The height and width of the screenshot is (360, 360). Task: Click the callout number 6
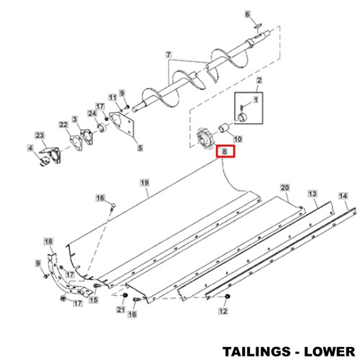(248, 14)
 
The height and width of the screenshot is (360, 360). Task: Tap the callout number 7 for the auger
(168, 55)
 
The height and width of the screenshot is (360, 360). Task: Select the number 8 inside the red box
(225, 151)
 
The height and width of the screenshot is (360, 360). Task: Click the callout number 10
(238, 139)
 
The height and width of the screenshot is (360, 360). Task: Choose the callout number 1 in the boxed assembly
(256, 99)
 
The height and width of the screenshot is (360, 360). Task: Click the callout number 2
(259, 81)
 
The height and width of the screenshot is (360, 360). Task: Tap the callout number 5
(140, 148)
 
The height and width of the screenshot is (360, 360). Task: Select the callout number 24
(92, 114)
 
